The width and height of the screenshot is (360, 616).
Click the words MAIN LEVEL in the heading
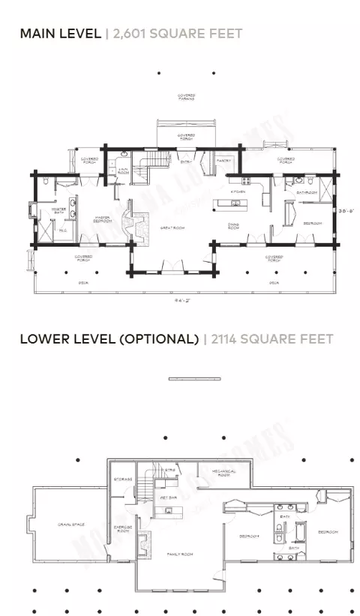coord(61,34)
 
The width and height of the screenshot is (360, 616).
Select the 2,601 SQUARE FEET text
coord(177,34)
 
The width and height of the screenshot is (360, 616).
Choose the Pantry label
coord(223,161)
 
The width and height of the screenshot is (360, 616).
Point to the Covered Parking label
coord(187,97)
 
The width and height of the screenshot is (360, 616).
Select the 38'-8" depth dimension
coord(343,210)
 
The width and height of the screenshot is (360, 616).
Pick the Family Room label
coord(180,554)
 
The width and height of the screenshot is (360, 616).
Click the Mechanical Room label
coord(224,473)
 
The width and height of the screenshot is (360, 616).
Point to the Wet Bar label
coord(169,497)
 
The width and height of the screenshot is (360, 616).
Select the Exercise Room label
coord(122,530)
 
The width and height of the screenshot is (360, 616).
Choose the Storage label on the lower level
coord(123,478)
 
